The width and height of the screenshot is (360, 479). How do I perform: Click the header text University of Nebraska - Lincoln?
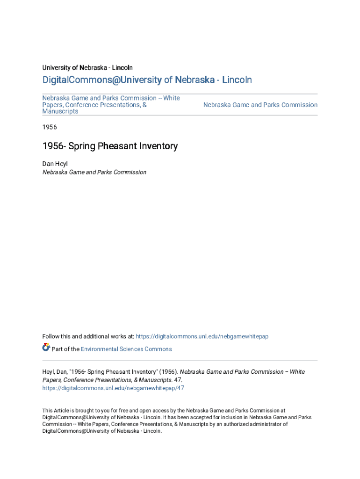(x=87, y=68)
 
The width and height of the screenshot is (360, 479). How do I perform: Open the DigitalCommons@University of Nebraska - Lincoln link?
(x=147, y=80)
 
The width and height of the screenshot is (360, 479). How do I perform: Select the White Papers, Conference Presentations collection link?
(x=111, y=105)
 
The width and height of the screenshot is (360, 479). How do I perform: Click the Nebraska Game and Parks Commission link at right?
(x=260, y=105)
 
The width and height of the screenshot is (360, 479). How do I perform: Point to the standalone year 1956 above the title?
(x=50, y=127)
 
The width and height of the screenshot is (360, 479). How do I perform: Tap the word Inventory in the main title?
(x=158, y=146)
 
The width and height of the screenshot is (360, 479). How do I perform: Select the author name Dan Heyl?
(x=55, y=164)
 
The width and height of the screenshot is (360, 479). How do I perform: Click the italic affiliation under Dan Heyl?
(x=94, y=172)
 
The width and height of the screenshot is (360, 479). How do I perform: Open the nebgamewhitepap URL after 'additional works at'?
(x=202, y=336)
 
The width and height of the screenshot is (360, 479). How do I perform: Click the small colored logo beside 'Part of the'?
(x=46, y=347)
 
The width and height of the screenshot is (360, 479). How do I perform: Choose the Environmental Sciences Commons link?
(x=126, y=349)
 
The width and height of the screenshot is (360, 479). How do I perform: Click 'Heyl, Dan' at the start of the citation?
(x=54, y=372)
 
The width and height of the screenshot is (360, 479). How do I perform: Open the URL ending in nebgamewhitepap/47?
(x=113, y=388)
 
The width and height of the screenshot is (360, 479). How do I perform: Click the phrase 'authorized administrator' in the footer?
(x=255, y=424)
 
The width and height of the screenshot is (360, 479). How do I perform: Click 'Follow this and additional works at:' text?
(x=88, y=336)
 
